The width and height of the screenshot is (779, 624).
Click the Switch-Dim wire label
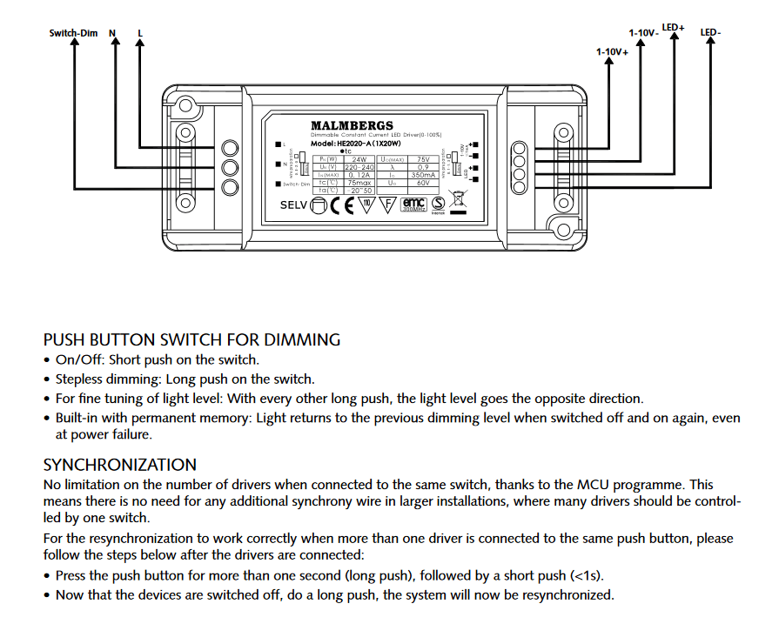[x=73, y=33]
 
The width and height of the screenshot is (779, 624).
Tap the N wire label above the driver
[x=112, y=33]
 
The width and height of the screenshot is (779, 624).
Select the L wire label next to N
[x=140, y=33]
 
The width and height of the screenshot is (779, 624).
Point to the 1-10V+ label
[x=612, y=52]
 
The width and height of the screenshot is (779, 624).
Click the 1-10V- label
[x=643, y=33]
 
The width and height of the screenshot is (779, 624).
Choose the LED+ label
[x=673, y=28]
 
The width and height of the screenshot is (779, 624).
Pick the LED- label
[x=710, y=33]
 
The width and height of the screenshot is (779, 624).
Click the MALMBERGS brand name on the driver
[x=352, y=126]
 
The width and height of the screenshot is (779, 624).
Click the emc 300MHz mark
[x=413, y=205]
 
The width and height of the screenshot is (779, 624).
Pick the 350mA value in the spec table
[x=423, y=175]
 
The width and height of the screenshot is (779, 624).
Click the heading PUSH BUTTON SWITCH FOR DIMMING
[x=191, y=340]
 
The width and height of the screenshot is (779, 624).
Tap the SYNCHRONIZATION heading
[x=120, y=465]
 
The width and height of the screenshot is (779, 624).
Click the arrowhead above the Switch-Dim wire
[x=74, y=46]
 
